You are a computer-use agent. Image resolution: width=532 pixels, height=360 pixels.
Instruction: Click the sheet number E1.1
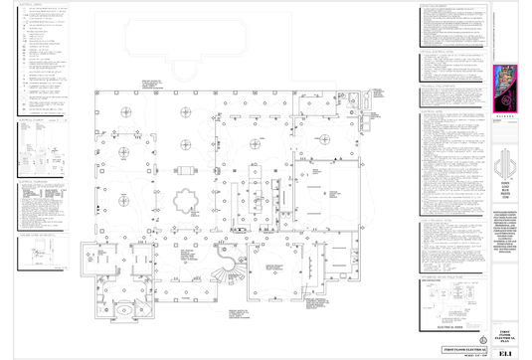507,349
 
